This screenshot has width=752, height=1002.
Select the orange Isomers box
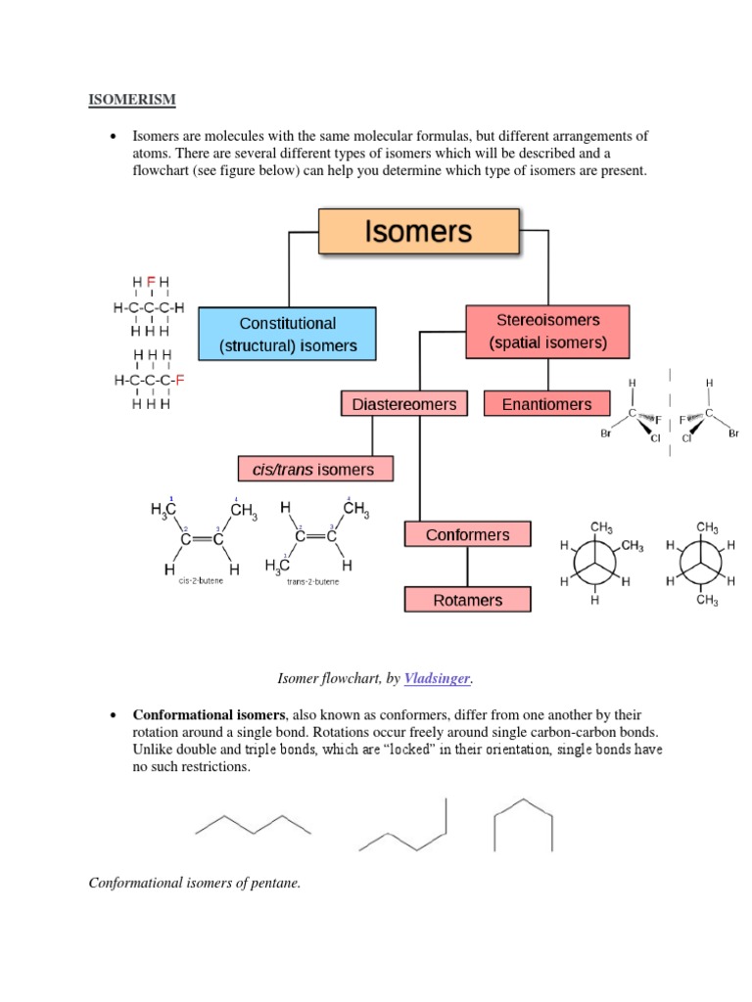(x=418, y=232)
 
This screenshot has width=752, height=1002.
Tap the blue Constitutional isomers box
(x=287, y=334)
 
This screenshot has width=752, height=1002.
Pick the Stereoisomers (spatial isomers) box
(x=548, y=331)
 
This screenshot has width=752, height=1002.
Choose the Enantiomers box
(x=546, y=403)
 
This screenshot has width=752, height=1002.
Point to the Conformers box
(x=468, y=534)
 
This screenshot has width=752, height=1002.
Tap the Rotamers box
(x=468, y=600)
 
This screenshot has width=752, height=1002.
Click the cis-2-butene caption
(x=202, y=580)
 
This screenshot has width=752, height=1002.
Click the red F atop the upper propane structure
(x=151, y=283)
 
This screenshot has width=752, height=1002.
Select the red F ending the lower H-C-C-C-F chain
(x=180, y=380)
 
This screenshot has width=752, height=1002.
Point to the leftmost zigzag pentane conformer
(x=254, y=824)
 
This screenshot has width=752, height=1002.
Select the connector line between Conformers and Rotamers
(x=467, y=568)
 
